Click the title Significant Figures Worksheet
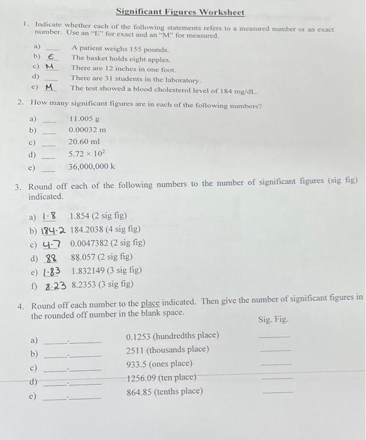(x=180, y=12)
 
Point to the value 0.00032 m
(x=87, y=129)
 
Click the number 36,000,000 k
(x=92, y=167)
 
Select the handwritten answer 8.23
(x=56, y=285)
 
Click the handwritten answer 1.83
(x=52, y=271)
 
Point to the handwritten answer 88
(x=52, y=257)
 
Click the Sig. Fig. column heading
(x=274, y=319)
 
